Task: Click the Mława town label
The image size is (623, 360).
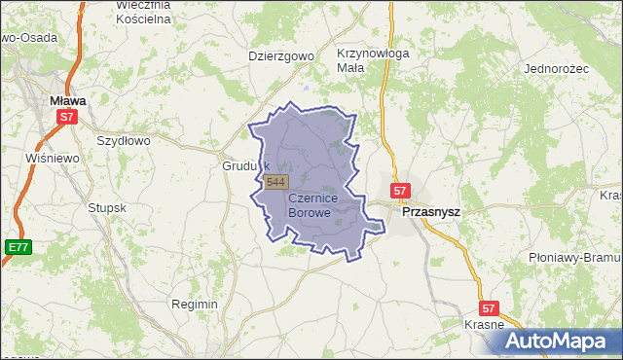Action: (67, 99)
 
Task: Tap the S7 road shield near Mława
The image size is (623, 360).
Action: (65, 117)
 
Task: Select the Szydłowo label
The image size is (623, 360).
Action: (124, 140)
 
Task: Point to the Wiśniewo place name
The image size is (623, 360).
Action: (53, 158)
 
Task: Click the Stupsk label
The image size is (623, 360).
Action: (107, 207)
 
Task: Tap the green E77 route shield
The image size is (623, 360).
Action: (17, 247)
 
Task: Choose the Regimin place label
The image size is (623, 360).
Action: (194, 304)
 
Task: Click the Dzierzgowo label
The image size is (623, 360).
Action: (281, 55)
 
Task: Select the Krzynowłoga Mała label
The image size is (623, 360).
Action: (372, 60)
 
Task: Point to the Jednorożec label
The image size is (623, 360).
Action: (558, 69)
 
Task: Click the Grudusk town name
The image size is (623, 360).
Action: (244, 165)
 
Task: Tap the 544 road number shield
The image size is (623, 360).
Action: (276, 182)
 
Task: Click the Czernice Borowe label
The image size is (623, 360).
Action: (323, 204)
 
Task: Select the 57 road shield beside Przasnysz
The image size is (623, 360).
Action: (400, 191)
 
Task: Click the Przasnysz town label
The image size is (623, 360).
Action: (431, 210)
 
